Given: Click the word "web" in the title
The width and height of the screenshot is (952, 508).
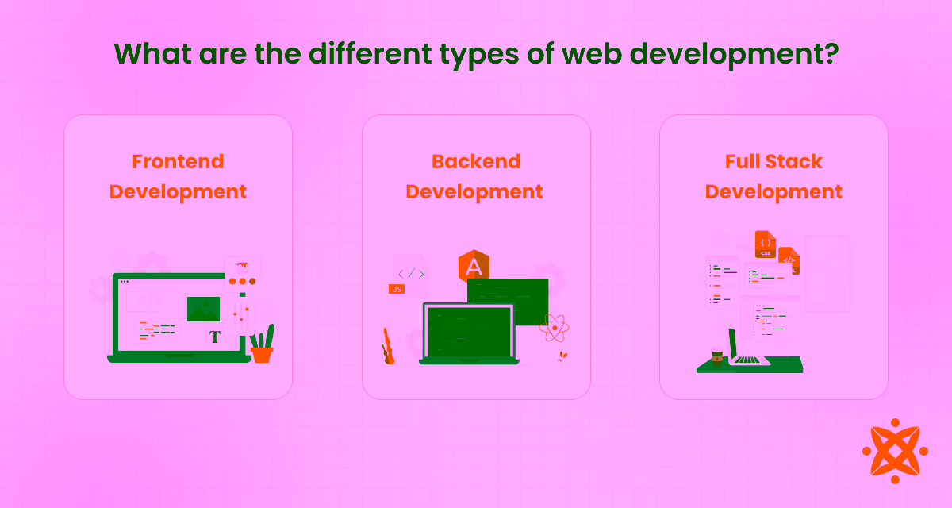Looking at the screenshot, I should pyautogui.click(x=600, y=53).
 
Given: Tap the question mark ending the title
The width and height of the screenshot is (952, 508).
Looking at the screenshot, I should pyautogui.click(x=828, y=53).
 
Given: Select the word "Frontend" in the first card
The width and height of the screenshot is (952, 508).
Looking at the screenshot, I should pyautogui.click(x=178, y=161).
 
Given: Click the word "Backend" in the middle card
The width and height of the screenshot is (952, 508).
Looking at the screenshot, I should pyautogui.click(x=476, y=161).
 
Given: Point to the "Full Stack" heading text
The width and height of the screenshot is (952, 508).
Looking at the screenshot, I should pyautogui.click(x=773, y=161).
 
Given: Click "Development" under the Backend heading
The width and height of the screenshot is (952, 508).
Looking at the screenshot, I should pyautogui.click(x=474, y=192).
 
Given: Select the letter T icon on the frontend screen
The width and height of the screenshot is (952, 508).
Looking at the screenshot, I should pyautogui.click(x=214, y=337).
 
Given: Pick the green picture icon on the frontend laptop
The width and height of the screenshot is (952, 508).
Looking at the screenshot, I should pyautogui.click(x=203, y=309).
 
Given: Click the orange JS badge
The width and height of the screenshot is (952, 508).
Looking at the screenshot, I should pyautogui.click(x=397, y=289).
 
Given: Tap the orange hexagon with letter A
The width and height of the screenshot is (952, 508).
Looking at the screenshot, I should pyautogui.click(x=474, y=267).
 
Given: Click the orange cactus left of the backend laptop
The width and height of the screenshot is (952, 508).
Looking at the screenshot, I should pyautogui.click(x=388, y=347).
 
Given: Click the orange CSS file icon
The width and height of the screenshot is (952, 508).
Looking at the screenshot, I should pyautogui.click(x=766, y=243).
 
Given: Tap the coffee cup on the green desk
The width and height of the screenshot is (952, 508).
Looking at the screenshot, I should pyautogui.click(x=717, y=358).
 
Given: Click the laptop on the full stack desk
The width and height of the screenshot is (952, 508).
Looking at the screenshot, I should pyautogui.click(x=746, y=349).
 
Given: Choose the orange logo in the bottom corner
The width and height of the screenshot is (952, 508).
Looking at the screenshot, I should pyautogui.click(x=895, y=451).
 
